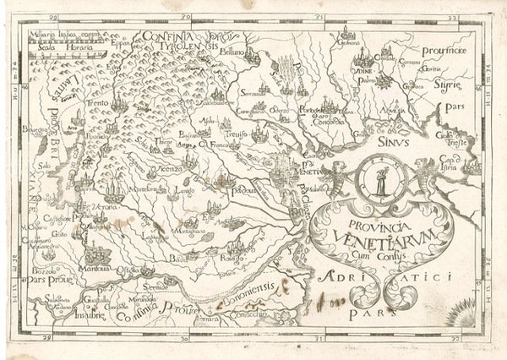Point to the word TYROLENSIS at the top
184,50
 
